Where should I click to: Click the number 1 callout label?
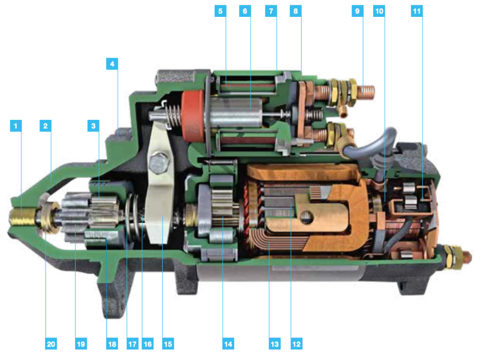tap(16, 126)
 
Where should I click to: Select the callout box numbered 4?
tap(112, 64)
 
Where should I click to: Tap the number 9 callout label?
tap(357, 11)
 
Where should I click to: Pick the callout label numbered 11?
tap(416, 11)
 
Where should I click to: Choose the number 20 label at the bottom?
tap(51, 344)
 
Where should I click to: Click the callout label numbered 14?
tap(228, 344)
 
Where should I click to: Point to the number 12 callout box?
tap(297, 344)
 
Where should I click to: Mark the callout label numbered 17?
tap(132, 344)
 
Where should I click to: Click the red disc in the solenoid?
tap(193, 116)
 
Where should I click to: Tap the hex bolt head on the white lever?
tap(159, 164)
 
